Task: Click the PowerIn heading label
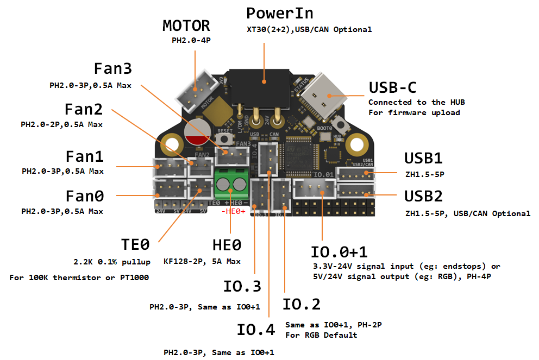coord(279,13)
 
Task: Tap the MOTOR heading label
coord(186,26)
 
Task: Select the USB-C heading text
coord(397,87)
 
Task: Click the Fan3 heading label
coord(112,69)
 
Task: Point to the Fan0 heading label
coord(84,195)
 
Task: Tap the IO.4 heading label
coord(256,329)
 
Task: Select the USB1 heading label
coord(423,159)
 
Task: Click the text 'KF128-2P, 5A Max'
coord(202,261)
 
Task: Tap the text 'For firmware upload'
coord(414,112)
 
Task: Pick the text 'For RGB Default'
coord(321,335)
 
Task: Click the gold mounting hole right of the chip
coord(356,143)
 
